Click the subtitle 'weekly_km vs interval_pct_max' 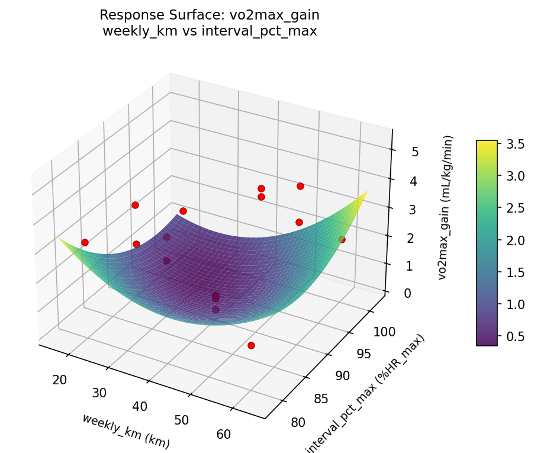210,31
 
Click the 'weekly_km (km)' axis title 126,430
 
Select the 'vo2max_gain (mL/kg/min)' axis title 445,207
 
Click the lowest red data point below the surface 251,345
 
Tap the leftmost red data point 85,242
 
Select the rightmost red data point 342,239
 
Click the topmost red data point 300,186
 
